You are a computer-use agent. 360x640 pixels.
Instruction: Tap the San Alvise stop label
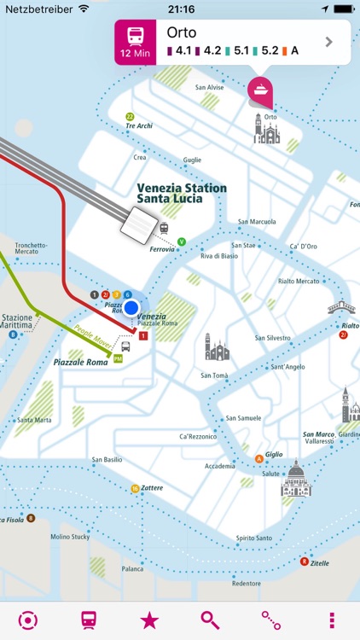click(209, 87)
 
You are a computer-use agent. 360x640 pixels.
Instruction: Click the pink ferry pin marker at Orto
click(259, 90)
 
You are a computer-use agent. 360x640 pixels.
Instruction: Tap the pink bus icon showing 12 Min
click(135, 42)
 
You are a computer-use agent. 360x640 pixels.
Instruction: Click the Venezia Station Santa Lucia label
click(182, 194)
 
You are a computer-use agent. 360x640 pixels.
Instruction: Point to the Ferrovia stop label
click(162, 250)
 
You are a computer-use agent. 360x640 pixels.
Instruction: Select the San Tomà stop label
click(213, 375)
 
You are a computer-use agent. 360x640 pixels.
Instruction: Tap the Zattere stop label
click(151, 488)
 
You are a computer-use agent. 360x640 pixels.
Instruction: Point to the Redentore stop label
click(246, 584)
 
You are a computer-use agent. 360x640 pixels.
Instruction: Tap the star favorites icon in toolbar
click(149, 620)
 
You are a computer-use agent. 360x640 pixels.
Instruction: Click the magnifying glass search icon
click(210, 620)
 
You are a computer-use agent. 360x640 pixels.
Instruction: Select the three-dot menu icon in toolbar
click(332, 620)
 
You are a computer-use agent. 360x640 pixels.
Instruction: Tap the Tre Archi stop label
click(138, 125)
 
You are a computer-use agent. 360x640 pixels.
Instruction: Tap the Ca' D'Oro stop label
click(304, 247)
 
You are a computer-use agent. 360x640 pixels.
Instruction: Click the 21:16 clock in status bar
click(180, 8)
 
